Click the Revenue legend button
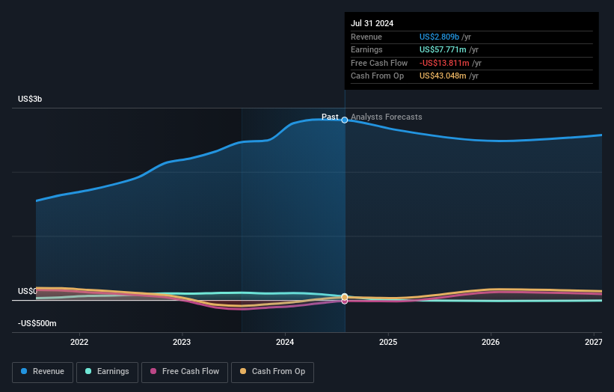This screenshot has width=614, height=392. (43, 372)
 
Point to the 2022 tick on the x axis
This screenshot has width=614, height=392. (79, 342)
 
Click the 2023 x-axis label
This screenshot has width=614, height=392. (182, 342)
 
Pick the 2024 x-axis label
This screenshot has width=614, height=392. (284, 342)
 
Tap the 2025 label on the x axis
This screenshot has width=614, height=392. (387, 342)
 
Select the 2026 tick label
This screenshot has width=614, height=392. (491, 342)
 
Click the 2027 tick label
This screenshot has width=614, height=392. (593, 342)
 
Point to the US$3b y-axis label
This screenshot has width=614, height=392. (31, 99)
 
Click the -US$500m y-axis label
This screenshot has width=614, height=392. (37, 323)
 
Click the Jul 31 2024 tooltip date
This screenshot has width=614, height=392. (372, 23)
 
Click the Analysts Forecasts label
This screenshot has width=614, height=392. (386, 117)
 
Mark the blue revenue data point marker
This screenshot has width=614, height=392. (345, 120)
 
